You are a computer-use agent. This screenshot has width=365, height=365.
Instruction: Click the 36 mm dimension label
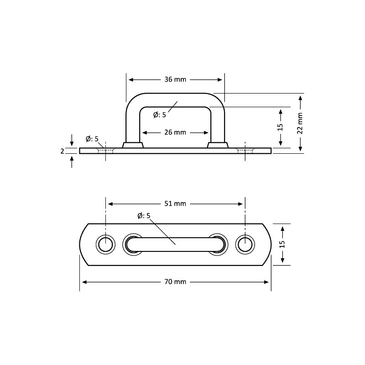point(175,79)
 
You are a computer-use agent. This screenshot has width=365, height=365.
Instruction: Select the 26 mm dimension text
point(175,132)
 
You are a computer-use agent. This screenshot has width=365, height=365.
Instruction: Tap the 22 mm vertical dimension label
point(300,122)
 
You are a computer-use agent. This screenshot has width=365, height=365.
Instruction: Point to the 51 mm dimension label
point(175,203)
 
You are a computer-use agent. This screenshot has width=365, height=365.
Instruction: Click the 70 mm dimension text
point(175,282)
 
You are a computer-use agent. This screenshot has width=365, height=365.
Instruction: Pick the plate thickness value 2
point(63,151)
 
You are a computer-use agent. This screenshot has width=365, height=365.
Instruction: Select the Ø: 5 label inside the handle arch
point(159,115)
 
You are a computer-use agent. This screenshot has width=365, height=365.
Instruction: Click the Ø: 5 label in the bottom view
point(144,215)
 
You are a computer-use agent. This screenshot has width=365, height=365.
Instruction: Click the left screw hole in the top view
point(105,245)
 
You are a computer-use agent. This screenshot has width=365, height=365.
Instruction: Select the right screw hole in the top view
point(245,245)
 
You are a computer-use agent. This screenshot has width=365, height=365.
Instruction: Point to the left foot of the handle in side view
point(133,145)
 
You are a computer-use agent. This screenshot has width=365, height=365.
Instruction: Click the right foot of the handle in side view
point(218,145)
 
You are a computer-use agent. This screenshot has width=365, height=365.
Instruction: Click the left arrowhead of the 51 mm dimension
point(109,203)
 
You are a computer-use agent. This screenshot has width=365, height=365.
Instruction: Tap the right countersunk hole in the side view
point(245,150)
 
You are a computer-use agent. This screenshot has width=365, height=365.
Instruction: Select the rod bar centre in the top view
point(175,245)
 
